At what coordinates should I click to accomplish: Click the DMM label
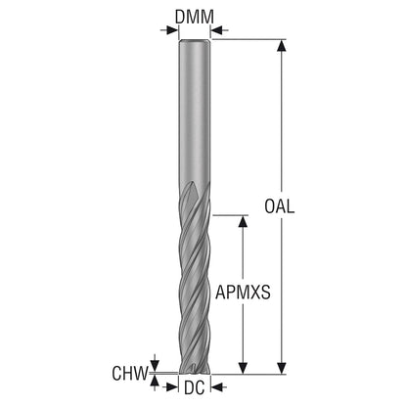coord(195,17)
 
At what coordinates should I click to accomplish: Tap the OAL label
coord(280,206)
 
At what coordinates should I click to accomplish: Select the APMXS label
coord(243,293)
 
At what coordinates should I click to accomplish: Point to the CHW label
coord(130,373)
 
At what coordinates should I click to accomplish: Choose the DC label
coord(195,387)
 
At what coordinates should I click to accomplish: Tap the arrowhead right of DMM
coord(217,30)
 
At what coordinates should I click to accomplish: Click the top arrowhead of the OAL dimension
coord(282,46)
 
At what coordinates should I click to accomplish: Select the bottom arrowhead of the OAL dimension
coord(282,368)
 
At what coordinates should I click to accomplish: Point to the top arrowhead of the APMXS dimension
coord(243,221)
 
